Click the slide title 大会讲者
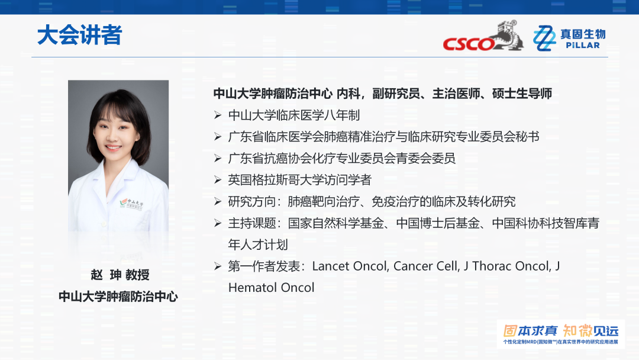[79, 35]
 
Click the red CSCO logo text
[469, 44]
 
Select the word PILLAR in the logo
[583, 45]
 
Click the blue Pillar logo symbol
[544, 38]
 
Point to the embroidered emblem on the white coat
[131, 204]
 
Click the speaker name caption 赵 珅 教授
[120, 275]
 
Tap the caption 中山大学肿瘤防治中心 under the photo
[118, 297]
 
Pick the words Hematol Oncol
[272, 288]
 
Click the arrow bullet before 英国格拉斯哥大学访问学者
[218, 180]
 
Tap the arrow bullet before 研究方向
[218, 201]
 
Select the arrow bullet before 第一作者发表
[218, 266]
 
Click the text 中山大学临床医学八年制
[294, 115]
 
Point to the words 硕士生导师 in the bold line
[522, 94]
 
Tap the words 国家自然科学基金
[336, 223]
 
